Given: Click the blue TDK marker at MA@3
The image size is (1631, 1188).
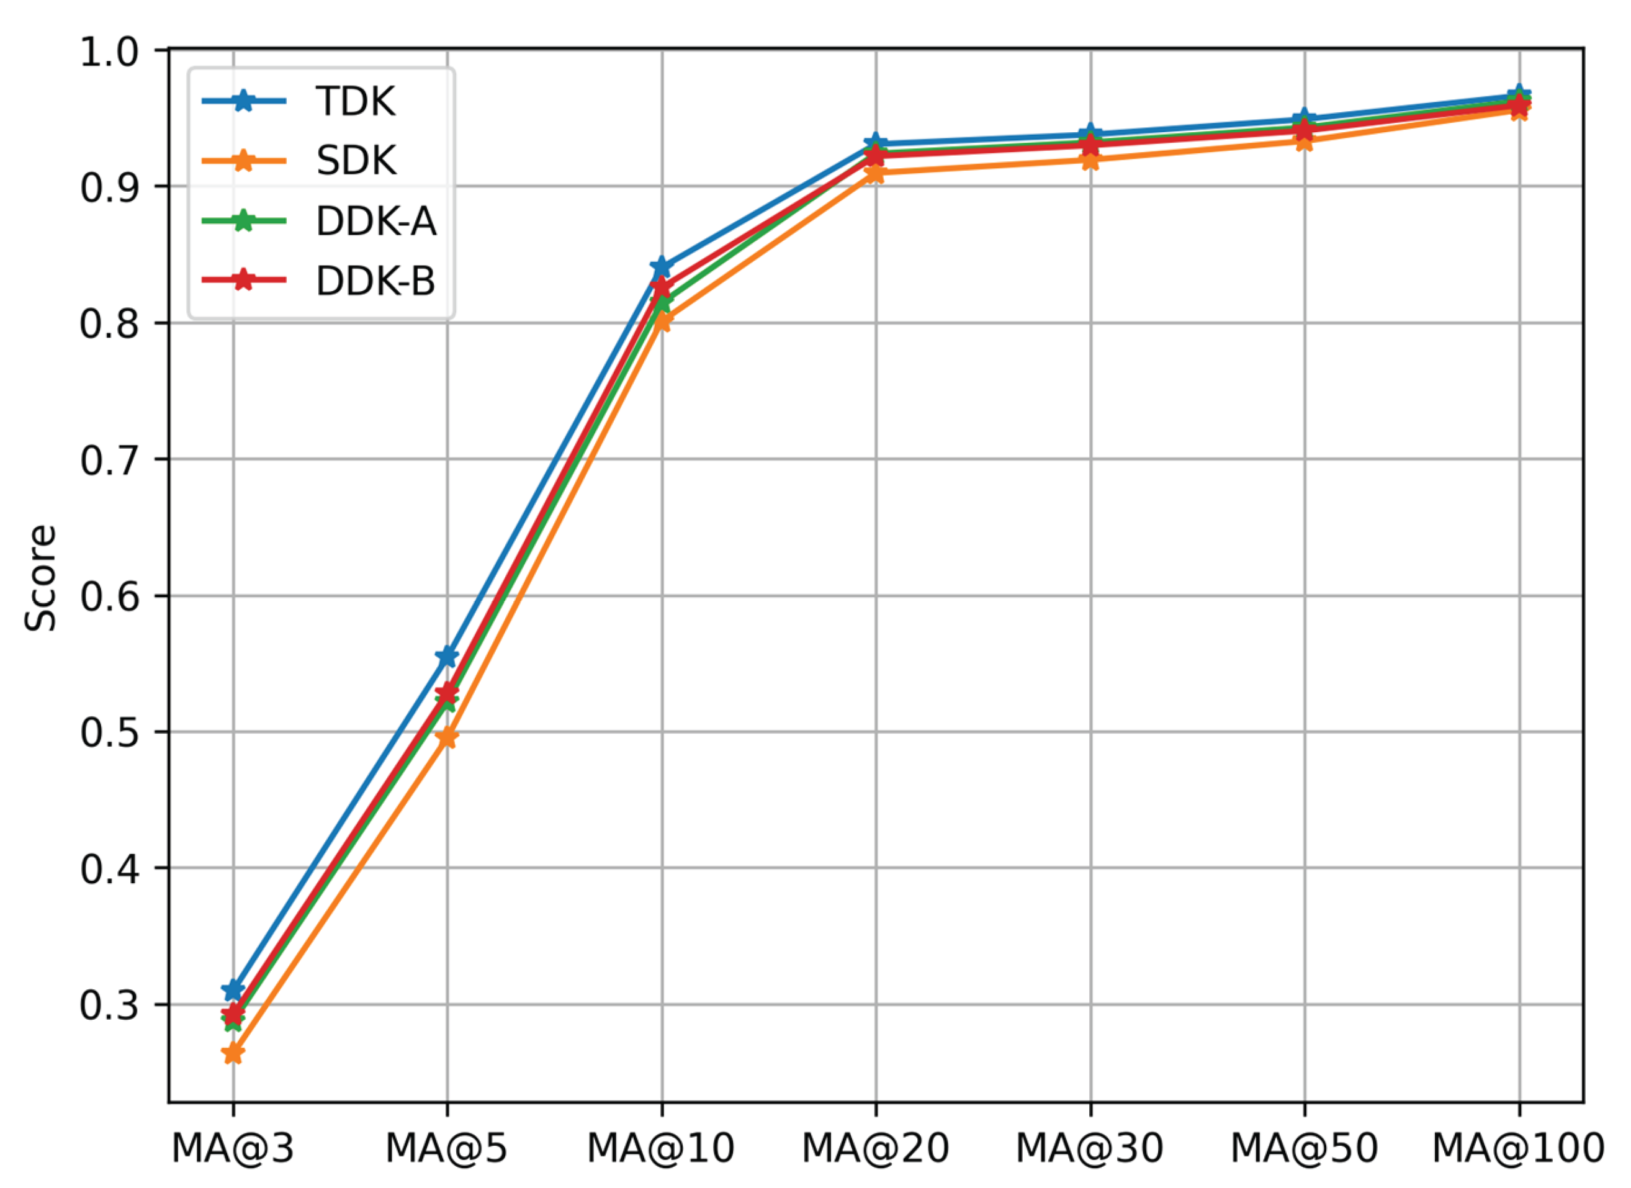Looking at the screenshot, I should tap(233, 990).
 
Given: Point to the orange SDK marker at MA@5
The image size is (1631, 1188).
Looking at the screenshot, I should tap(447, 737).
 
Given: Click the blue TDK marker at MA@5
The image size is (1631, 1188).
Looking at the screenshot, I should tap(447, 656).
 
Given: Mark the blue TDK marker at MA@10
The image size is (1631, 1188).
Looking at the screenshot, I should tap(661, 267).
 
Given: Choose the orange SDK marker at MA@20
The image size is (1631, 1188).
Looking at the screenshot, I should tap(875, 173).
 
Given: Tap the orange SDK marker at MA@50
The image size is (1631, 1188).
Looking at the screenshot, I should tap(1304, 142).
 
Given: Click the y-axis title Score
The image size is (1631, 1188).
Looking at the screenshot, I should tap(40, 578).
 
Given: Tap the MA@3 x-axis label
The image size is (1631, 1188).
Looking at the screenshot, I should tap(233, 1148).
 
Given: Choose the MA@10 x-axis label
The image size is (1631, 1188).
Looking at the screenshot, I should tap(661, 1148).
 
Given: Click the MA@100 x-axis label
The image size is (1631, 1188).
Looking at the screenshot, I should tap(1518, 1148).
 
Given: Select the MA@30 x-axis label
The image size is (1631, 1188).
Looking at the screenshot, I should tap(1089, 1148).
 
